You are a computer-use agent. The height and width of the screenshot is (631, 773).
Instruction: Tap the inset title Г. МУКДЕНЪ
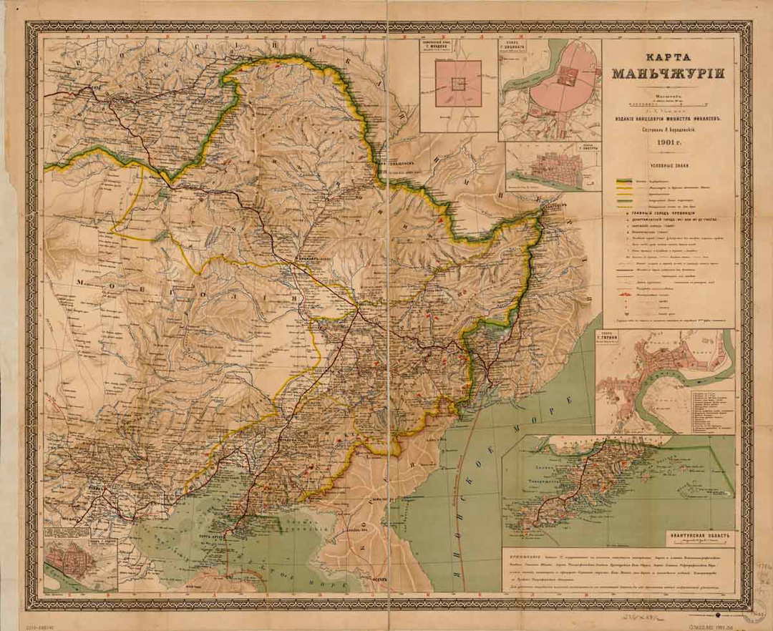(458, 52)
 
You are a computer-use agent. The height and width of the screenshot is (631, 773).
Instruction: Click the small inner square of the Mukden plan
(458, 84)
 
